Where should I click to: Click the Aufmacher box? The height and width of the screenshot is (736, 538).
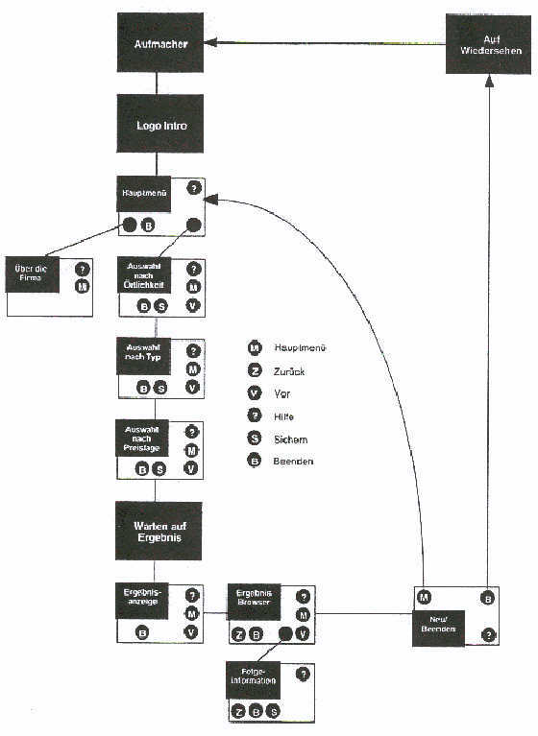coord(160,43)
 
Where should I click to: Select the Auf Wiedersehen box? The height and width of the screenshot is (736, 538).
coord(487,44)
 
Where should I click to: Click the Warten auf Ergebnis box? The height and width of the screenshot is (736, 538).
coord(159,531)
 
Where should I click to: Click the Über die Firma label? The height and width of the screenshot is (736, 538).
coord(32,273)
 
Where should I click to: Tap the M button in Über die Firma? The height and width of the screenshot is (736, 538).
coord(83,286)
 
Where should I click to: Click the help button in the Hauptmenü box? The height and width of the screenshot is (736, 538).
coord(194,188)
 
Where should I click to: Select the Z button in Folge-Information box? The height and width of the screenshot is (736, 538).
coord(237,711)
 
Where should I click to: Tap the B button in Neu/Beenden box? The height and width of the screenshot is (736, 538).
coord(488,598)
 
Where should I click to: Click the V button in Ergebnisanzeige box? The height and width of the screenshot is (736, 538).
coord(191,632)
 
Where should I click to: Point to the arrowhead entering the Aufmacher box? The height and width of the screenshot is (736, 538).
coord(211,42)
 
